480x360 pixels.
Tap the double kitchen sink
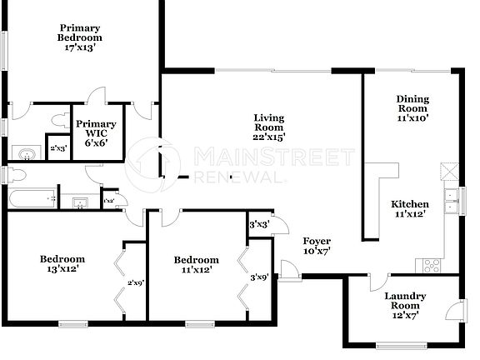[x=451, y=202]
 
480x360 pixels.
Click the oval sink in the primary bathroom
[x=27, y=153]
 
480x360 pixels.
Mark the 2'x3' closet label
[x=57, y=148]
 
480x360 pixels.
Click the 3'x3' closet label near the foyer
[x=259, y=224]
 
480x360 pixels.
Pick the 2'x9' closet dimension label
[x=136, y=282]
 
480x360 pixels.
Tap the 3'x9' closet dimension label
[x=259, y=277]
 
